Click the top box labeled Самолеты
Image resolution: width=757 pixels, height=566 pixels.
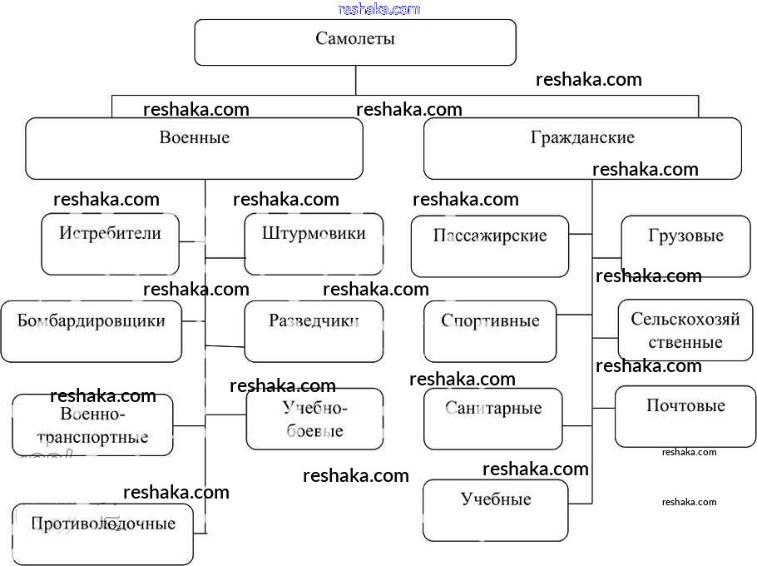click(x=355, y=42)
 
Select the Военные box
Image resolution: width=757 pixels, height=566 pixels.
click(x=194, y=148)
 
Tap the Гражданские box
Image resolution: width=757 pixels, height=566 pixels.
click(x=582, y=148)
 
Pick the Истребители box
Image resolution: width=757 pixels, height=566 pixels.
click(x=110, y=244)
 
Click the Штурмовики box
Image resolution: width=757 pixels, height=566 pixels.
click(x=314, y=244)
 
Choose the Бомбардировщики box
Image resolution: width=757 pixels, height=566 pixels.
click(x=91, y=331)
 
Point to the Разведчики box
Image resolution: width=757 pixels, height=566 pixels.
click(x=314, y=331)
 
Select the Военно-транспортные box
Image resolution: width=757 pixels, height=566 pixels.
click(x=92, y=425)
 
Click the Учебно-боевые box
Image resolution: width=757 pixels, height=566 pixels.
click(x=314, y=419)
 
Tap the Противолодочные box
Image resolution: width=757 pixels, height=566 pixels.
click(x=103, y=534)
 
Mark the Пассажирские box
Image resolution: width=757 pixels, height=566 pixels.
click(x=490, y=246)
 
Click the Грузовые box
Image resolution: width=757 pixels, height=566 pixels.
click(x=685, y=246)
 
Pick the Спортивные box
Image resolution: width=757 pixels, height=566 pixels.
click(x=490, y=331)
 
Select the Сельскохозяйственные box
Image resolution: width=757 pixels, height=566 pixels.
click(x=685, y=330)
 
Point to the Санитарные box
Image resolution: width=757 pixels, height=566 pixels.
click(x=493, y=419)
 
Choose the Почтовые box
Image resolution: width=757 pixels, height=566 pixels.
click(x=685, y=415)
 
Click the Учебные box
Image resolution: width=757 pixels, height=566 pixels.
click(x=496, y=509)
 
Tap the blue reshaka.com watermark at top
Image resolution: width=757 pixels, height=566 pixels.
click(x=379, y=9)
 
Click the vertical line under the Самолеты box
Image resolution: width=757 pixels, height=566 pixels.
click(x=356, y=80)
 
